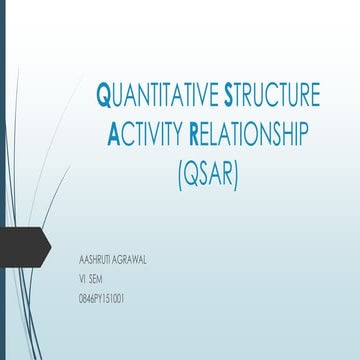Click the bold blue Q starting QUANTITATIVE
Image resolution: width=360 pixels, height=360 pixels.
point(102,97)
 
